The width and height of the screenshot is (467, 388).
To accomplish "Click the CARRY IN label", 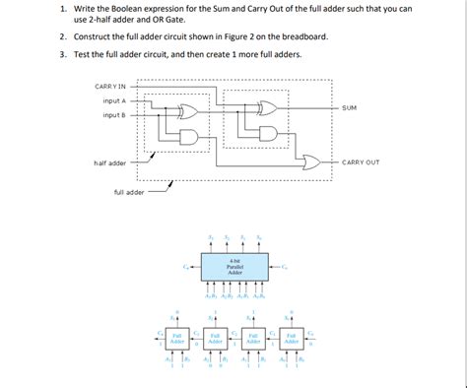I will click(110, 87).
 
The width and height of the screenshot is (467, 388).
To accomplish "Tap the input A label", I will click(113, 100).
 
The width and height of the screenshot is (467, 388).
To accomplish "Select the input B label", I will click(113, 115).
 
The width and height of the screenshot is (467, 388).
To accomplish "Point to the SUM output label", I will click(350, 107).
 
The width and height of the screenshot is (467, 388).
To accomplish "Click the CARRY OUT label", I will click(360, 162).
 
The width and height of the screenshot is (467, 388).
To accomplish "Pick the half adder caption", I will click(110, 162).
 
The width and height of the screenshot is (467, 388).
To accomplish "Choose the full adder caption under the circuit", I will click(129, 192).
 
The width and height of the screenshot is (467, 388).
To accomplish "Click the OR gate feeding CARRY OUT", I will click(312, 162).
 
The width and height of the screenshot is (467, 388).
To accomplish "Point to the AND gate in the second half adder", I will click(267, 132).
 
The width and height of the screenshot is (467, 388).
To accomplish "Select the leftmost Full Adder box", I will click(176, 338).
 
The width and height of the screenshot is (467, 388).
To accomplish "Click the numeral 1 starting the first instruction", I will click(61, 9).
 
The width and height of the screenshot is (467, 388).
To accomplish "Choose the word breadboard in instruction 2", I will click(299, 36).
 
